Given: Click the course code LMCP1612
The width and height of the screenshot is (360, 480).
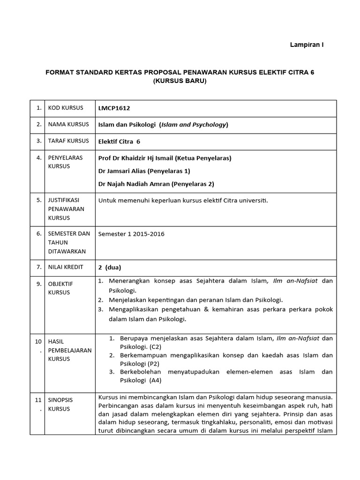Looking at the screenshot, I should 114,108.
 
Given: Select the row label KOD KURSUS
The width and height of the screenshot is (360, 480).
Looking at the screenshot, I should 66,108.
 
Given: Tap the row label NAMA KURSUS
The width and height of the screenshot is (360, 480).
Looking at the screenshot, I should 68,125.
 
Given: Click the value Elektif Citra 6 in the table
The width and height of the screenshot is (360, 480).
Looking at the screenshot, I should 119,141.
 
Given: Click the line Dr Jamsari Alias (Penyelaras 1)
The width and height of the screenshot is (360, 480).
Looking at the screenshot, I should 141,171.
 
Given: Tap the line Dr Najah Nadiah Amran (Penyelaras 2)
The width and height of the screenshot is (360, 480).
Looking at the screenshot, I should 156,184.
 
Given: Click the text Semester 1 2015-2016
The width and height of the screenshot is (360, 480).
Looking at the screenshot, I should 131,234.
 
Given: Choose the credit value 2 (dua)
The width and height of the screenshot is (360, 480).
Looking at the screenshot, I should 110,268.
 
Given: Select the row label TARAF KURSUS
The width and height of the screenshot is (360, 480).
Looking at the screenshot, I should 68,141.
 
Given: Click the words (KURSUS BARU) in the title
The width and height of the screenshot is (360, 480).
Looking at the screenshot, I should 180,81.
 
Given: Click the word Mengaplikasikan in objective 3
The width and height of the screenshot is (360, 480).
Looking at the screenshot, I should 134,310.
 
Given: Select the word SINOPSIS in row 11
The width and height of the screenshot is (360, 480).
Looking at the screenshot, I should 60,400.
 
